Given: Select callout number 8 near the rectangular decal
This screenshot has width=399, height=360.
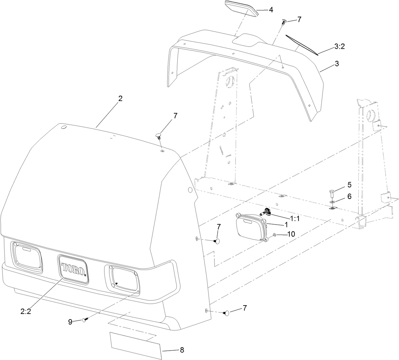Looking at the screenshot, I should [182, 350].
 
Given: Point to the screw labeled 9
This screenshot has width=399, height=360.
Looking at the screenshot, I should [84, 321].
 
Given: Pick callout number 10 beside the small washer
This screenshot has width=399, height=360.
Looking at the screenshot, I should [291, 234].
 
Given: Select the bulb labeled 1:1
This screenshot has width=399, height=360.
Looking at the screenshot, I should [267, 212].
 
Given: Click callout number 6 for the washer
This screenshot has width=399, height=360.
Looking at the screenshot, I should [349, 196].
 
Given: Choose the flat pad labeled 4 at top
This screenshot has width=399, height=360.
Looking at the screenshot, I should [241, 8].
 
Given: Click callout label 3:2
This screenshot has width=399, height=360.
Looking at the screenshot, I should [340, 47].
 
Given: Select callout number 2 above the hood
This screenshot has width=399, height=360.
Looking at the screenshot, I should [120, 98].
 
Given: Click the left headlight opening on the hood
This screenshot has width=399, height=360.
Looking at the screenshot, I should [27, 256].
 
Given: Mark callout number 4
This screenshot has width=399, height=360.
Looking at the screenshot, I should [271, 10].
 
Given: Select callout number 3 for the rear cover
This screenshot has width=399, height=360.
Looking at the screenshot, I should [337, 63].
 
